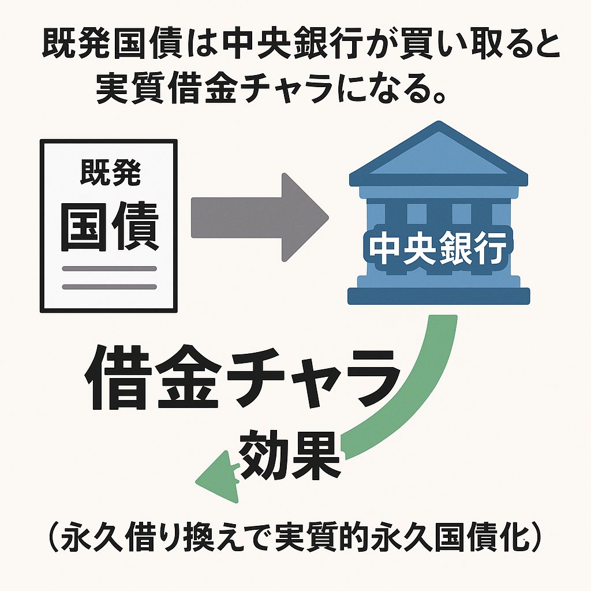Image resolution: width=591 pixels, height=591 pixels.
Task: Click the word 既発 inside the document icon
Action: (110, 173)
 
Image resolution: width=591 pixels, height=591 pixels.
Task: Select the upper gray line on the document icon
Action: (110, 268)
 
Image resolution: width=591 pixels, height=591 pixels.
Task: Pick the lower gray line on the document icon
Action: (110, 286)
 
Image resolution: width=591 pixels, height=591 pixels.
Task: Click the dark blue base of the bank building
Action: (439, 296)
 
